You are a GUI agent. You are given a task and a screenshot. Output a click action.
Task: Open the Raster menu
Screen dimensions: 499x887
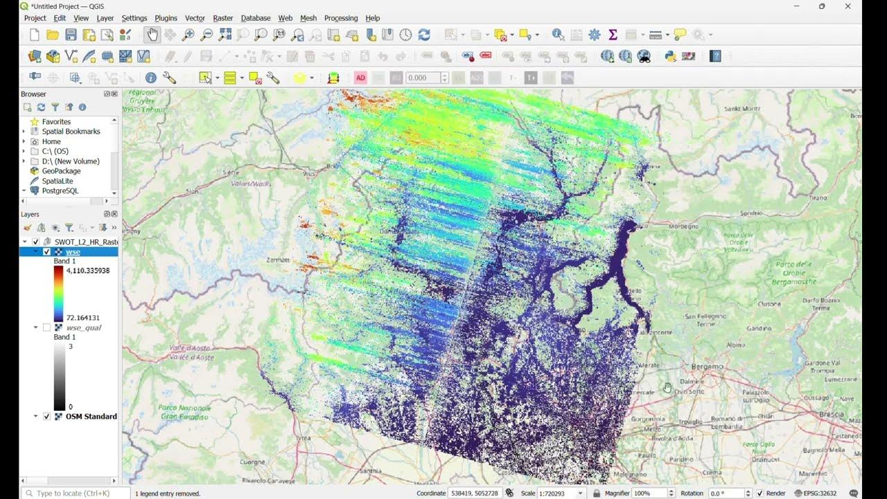(x=222, y=18)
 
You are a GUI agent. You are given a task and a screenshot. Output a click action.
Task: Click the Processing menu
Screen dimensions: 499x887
(x=340, y=18)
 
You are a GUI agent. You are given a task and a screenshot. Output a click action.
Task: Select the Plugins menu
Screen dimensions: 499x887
(x=166, y=18)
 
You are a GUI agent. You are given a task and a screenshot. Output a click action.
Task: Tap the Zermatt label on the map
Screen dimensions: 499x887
(x=278, y=259)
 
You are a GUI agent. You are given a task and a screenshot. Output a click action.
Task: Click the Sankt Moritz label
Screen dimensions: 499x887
(x=741, y=109)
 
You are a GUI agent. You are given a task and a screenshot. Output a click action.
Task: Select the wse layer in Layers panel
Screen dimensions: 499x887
(x=73, y=252)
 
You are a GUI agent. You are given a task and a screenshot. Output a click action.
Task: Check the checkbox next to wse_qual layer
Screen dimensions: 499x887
(x=46, y=327)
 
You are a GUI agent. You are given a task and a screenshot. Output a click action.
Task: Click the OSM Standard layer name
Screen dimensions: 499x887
(x=91, y=417)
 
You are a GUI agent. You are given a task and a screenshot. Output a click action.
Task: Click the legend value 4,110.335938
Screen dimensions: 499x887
(x=88, y=270)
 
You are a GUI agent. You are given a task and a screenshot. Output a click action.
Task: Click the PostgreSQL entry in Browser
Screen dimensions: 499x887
(x=60, y=191)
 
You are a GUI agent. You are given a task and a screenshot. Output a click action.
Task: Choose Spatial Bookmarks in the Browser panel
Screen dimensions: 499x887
(x=71, y=132)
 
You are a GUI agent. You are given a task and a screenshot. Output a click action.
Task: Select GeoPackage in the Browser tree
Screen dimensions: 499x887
(x=61, y=171)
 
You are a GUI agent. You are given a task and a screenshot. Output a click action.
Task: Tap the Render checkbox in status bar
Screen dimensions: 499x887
(x=760, y=493)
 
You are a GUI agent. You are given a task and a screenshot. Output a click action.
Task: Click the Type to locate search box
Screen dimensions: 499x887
(x=73, y=493)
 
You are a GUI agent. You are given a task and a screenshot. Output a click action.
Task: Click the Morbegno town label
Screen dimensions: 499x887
(x=664, y=227)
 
